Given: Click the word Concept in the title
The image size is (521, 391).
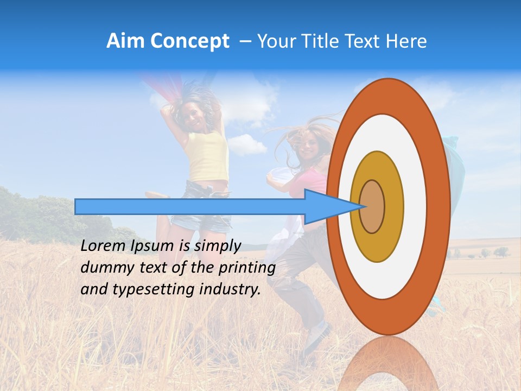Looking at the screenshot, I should pos(189,41).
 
